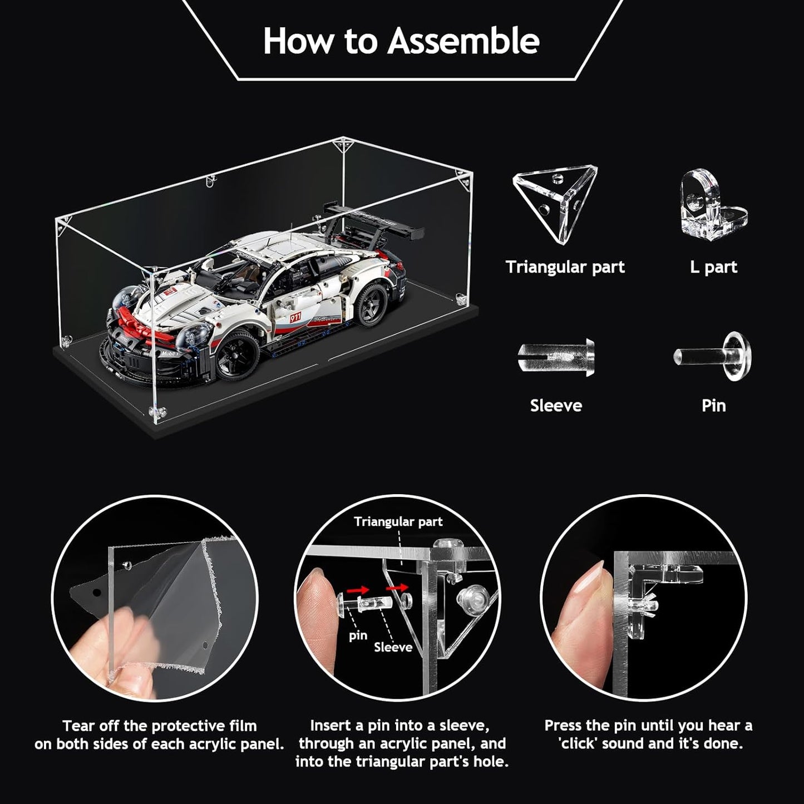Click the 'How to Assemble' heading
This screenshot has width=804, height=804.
pyautogui.click(x=401, y=41)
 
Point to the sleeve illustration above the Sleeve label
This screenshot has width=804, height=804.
pyautogui.click(x=556, y=358)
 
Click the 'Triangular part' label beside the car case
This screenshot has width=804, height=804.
pyautogui.click(x=565, y=267)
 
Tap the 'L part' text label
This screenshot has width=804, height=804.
pyautogui.click(x=713, y=267)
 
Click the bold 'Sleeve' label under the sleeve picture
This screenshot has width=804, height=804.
pyautogui.click(x=556, y=406)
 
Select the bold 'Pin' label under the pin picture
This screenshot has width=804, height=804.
pyautogui.click(x=714, y=406)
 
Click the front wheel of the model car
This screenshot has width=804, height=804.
pyautogui.click(x=239, y=354)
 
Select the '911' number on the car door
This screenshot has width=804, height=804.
pyautogui.click(x=295, y=318)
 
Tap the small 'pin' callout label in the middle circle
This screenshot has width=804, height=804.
pyautogui.click(x=358, y=635)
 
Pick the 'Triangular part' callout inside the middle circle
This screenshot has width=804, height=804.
pyautogui.click(x=398, y=522)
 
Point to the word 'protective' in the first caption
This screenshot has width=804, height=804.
pyautogui.click(x=188, y=726)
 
